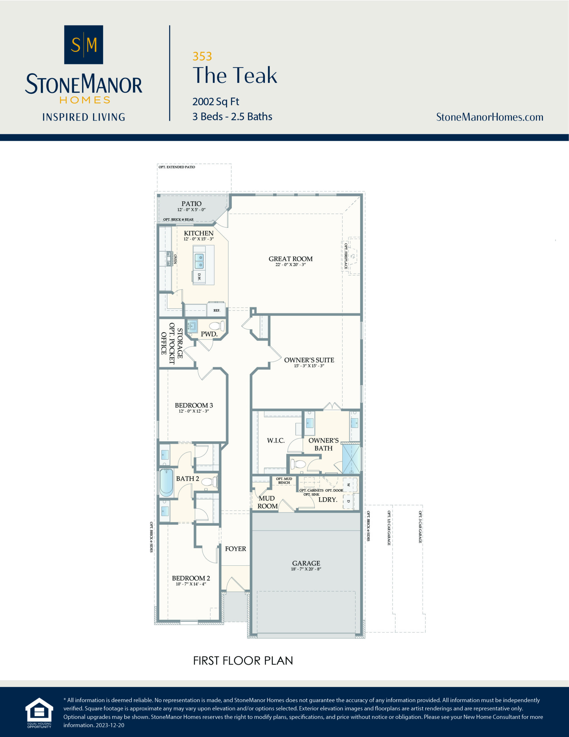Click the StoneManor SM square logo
click(x=83, y=45)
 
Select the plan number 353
click(x=202, y=56)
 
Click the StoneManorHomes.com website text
click(x=489, y=117)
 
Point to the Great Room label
click(x=291, y=259)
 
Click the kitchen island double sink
click(x=199, y=261)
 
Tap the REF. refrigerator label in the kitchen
click(x=217, y=310)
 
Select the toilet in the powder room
click(x=217, y=326)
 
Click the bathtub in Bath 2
click(x=166, y=482)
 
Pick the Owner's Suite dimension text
click(x=309, y=366)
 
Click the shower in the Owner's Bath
click(x=351, y=459)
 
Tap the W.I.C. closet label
click(x=276, y=440)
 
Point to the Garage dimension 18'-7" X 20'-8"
click(x=306, y=569)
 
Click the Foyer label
click(x=235, y=549)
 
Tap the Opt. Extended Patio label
click(x=177, y=167)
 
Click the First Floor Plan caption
click(x=243, y=661)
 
